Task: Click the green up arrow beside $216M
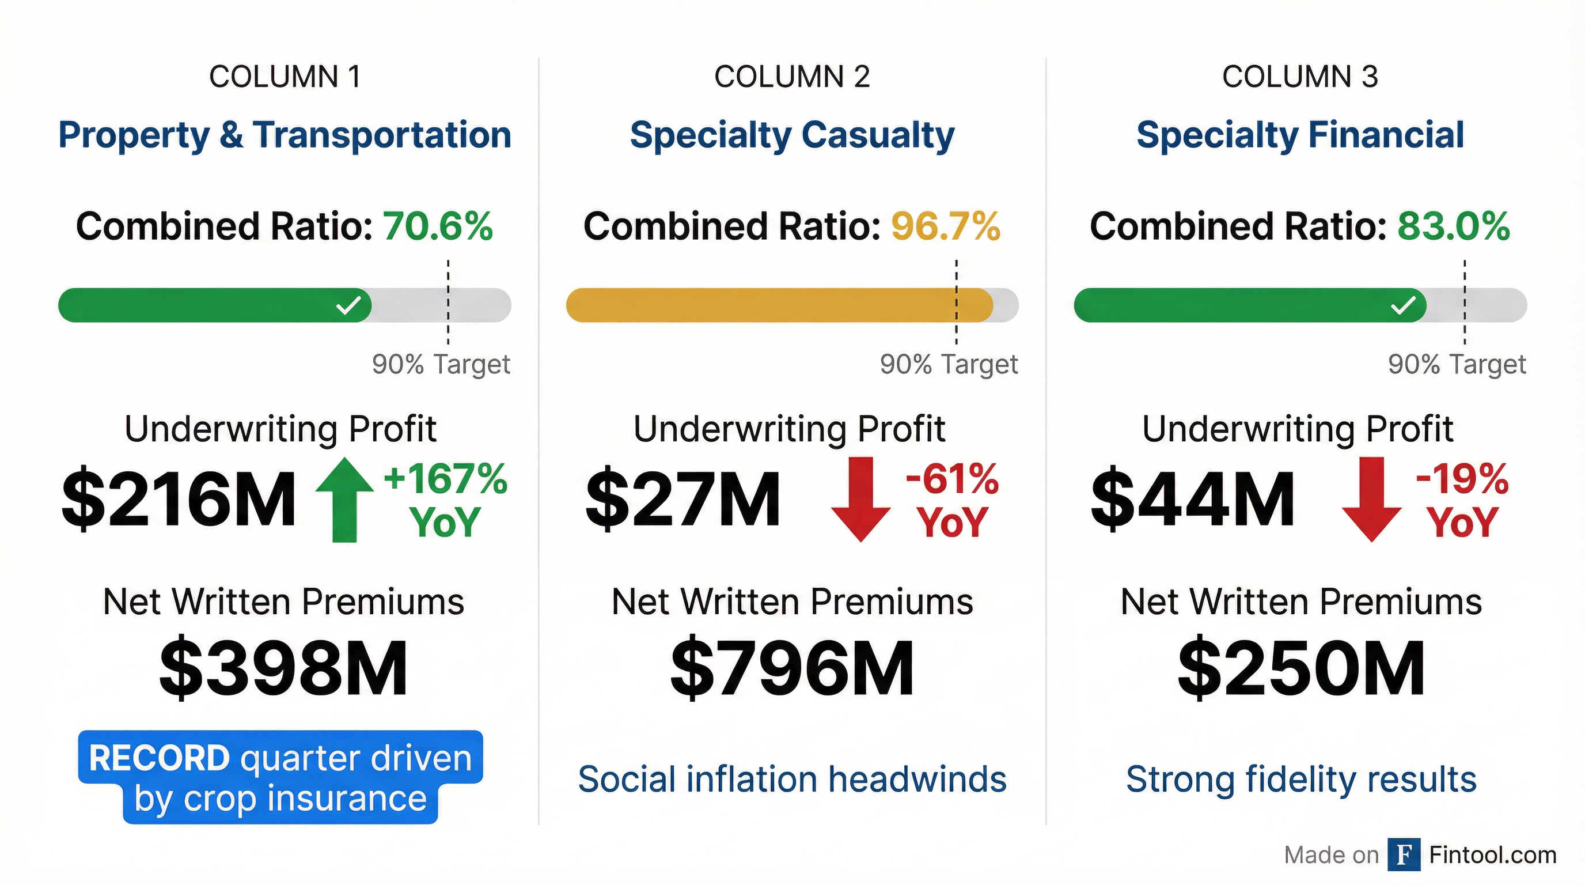[344, 500]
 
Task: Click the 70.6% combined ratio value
[438, 226]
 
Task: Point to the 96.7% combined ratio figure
[946, 226]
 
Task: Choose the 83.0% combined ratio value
[1453, 226]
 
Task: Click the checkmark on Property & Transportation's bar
[348, 305]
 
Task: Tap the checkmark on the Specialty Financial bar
[1404, 305]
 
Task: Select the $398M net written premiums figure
[283, 668]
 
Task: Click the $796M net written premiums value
[792, 668]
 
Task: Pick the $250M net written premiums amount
[1300, 668]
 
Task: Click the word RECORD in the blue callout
[160, 758]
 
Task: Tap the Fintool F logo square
[1404, 855]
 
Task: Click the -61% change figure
[952, 479]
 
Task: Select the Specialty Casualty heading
[792, 135]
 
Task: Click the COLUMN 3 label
[1299, 77]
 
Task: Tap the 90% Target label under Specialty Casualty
[948, 364]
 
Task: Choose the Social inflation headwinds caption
[792, 779]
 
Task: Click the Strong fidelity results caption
[1300, 779]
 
